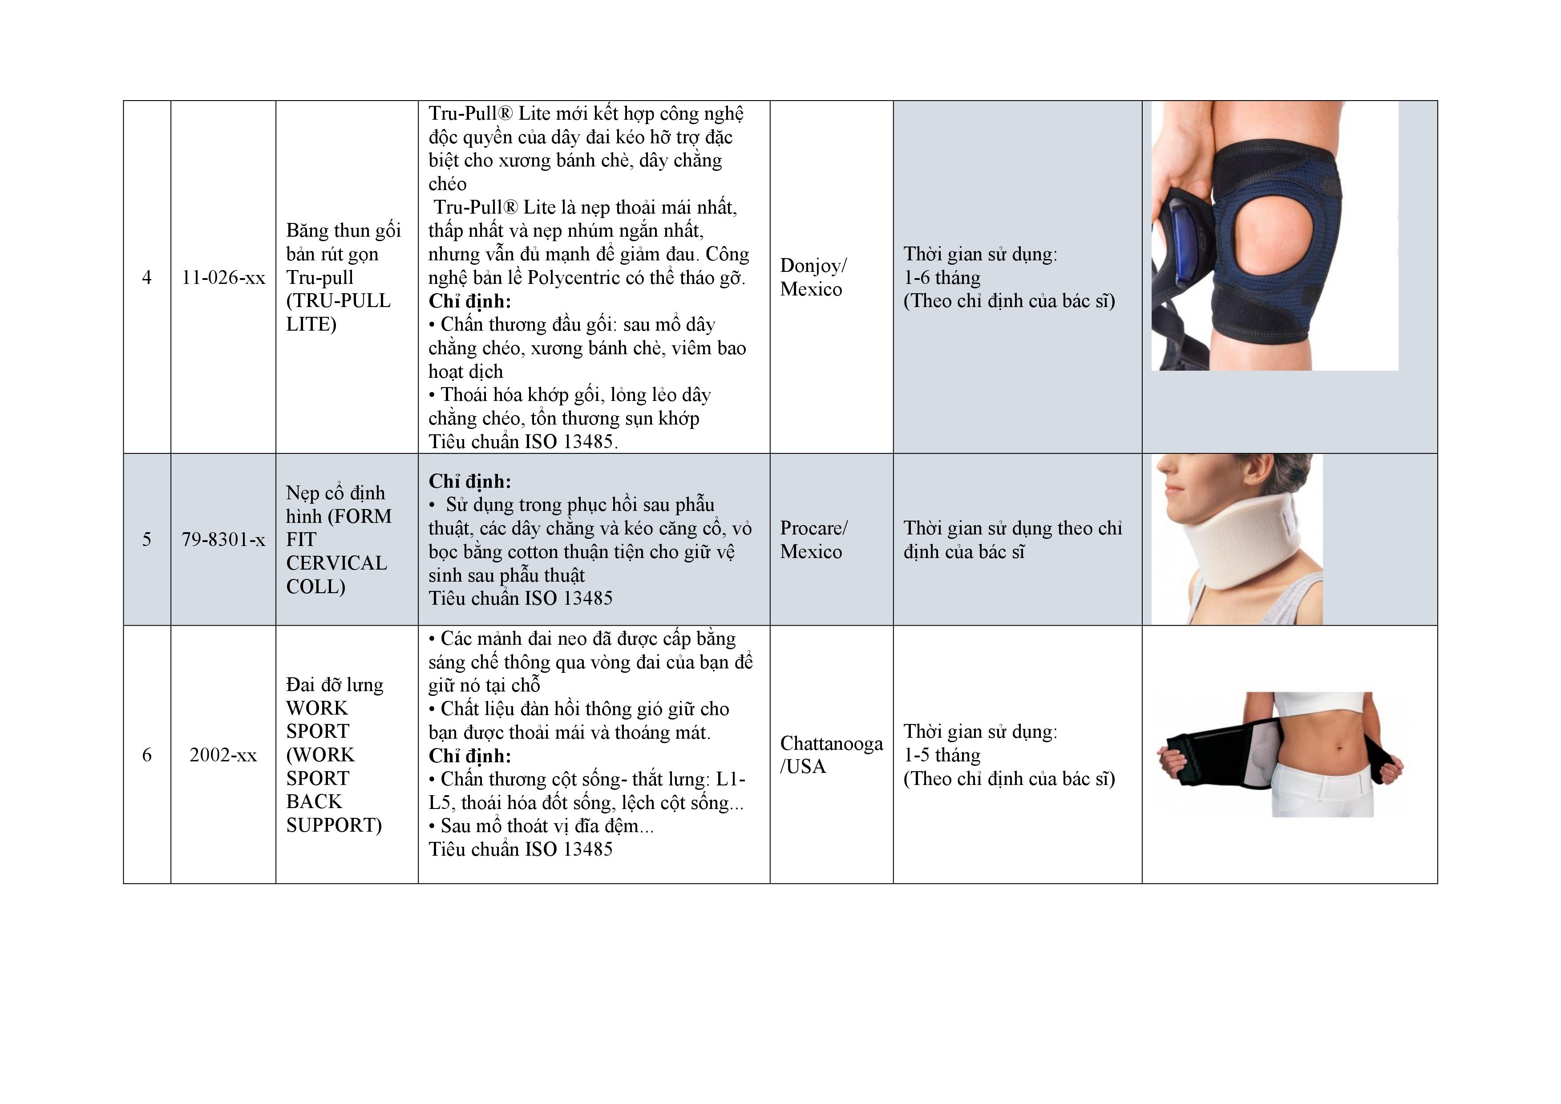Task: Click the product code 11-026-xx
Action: pos(223,277)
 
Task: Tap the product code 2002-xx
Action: pos(223,755)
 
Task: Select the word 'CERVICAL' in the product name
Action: pos(336,563)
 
